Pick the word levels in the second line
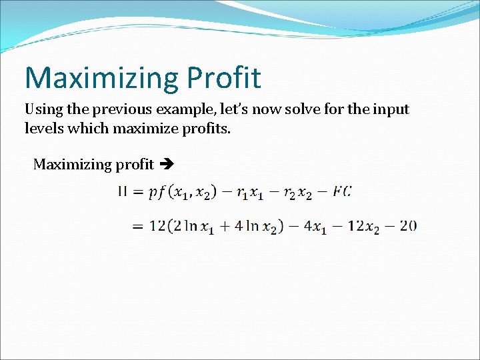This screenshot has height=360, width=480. coord(43,127)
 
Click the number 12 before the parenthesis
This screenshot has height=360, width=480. coord(157,225)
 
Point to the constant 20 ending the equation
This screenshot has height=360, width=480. coord(408,225)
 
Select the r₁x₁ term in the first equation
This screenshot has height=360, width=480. coord(254,193)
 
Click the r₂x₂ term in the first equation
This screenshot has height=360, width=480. coord(298,193)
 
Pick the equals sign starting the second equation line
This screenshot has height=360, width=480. coord(138,226)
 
